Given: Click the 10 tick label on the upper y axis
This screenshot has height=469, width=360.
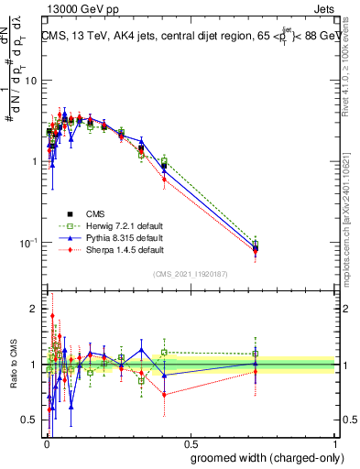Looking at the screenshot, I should click(x=29, y=81).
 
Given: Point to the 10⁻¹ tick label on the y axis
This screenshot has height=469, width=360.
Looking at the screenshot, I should click(x=26, y=242).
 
